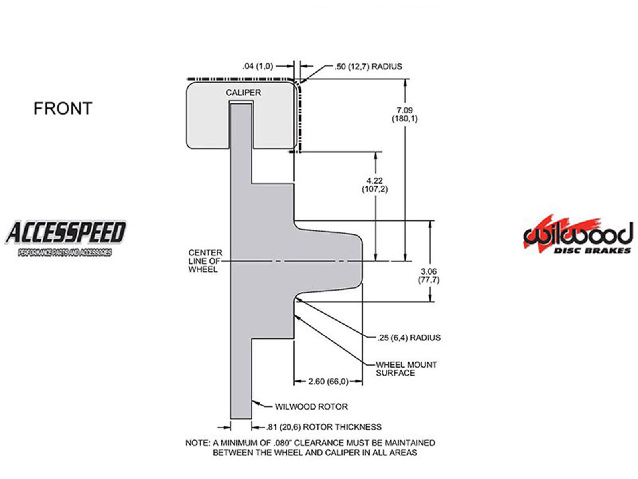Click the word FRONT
[63, 108]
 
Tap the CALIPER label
[243, 93]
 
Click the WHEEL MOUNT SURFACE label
[406, 369]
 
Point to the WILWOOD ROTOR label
[311, 407]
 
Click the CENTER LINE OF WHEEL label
[205, 261]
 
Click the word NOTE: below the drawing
[197, 443]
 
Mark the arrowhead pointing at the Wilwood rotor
[255, 402]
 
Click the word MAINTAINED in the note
[410, 443]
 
